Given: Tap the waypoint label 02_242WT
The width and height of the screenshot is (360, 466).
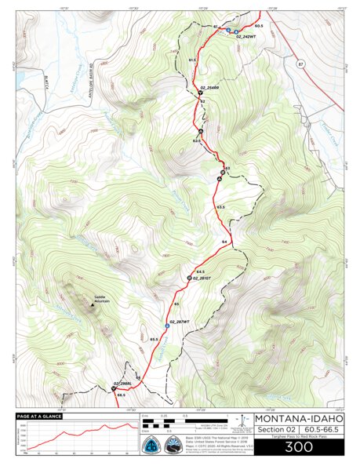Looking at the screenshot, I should click(x=245, y=37).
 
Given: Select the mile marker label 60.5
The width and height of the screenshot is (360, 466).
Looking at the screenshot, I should click(x=258, y=26).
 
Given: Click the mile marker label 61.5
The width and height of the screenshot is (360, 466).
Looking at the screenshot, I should click(x=192, y=60).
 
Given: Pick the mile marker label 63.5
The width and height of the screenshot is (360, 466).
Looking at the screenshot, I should click(x=221, y=207).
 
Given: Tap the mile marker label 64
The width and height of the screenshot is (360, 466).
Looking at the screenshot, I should click(x=224, y=242).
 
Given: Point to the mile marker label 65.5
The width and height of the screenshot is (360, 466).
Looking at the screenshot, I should click(x=155, y=339).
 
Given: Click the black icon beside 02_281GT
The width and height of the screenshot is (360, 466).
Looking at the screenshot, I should click(x=190, y=279).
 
